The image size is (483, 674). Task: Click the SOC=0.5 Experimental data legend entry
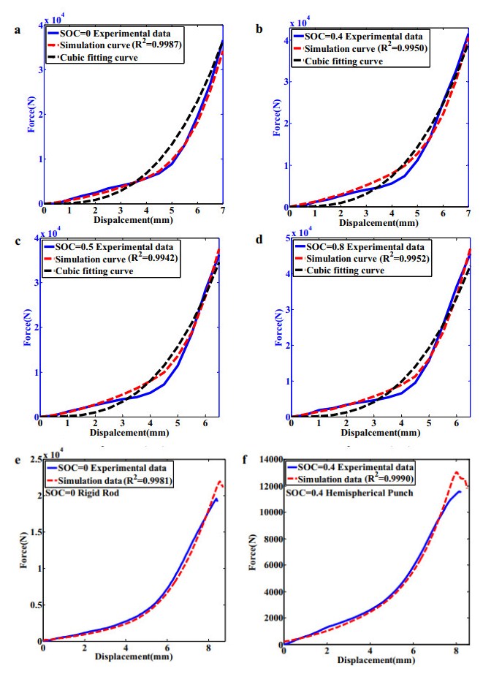(117, 246)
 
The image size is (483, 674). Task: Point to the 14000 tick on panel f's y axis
(269, 459)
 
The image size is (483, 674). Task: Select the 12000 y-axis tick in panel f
(269, 485)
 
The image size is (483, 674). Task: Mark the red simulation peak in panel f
(456, 472)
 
